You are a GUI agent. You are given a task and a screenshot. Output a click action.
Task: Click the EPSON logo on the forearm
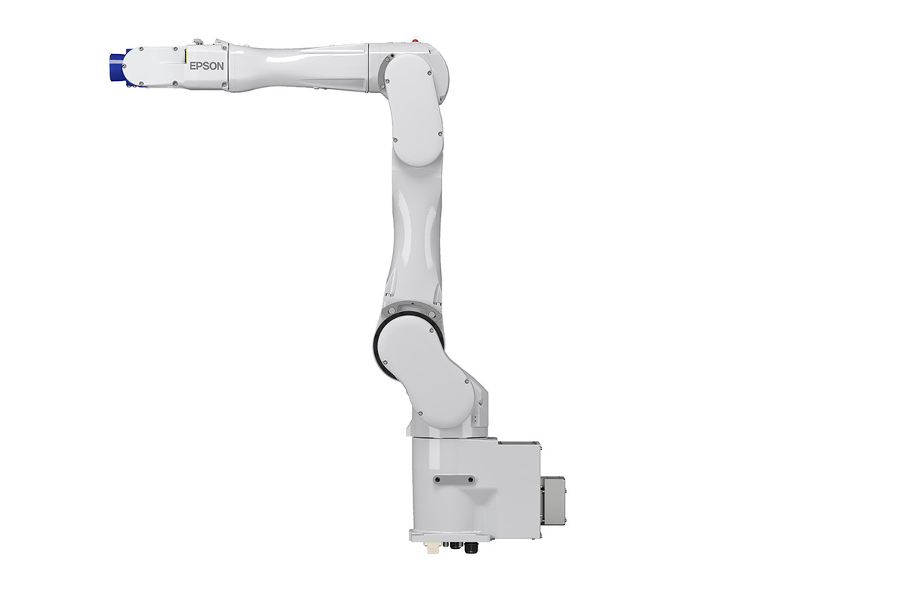[x=206, y=66]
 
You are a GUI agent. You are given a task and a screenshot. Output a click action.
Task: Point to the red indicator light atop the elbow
[x=415, y=40]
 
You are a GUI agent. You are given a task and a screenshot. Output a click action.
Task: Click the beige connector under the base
[x=433, y=547]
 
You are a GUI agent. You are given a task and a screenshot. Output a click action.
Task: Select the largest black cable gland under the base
[x=471, y=547]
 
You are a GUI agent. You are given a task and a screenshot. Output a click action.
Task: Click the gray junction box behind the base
[x=553, y=500]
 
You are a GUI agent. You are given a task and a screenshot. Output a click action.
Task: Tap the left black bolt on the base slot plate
[x=437, y=479]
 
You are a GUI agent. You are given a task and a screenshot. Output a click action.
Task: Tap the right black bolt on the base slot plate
[x=470, y=479]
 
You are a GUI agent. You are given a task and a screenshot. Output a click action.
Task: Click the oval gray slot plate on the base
[x=454, y=479]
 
